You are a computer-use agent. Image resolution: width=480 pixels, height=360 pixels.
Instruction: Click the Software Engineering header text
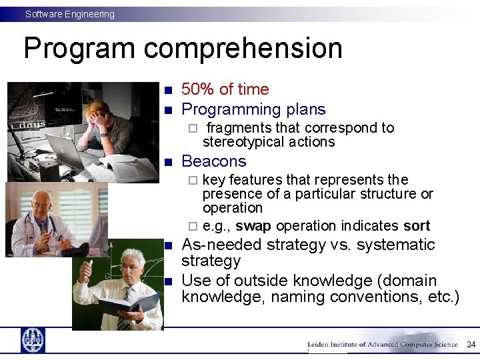point(70,14)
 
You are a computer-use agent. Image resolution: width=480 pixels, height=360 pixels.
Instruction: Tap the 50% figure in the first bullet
point(198,89)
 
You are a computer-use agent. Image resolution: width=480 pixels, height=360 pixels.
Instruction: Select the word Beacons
point(213,161)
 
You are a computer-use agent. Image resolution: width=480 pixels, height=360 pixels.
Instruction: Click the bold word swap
point(253,226)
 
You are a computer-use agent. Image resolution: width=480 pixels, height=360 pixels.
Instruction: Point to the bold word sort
point(417,226)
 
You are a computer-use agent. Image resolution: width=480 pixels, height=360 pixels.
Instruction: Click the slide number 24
point(471,345)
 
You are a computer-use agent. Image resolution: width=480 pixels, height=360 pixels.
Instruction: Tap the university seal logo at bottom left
point(33,340)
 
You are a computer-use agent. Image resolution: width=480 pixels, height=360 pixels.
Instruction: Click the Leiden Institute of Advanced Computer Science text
point(382,345)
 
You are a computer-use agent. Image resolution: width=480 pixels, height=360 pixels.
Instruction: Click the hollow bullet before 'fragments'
point(192,128)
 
